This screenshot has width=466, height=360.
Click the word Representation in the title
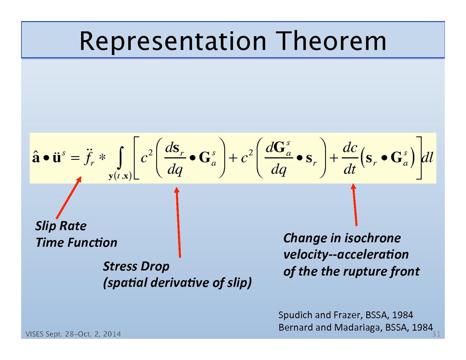173,42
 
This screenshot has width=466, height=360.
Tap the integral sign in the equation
120,158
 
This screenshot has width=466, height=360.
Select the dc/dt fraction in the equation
350,158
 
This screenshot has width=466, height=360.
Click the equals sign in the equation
75,157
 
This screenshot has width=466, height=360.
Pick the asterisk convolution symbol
102,157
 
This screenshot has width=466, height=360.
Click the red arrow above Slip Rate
68,198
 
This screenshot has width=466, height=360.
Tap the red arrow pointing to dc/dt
355,205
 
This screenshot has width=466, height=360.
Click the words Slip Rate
61,226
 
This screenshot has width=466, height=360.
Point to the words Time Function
76,242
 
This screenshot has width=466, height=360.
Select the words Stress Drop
136,266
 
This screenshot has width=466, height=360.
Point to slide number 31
436,334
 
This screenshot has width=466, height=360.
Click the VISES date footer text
73,334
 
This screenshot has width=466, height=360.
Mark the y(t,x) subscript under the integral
120,176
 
